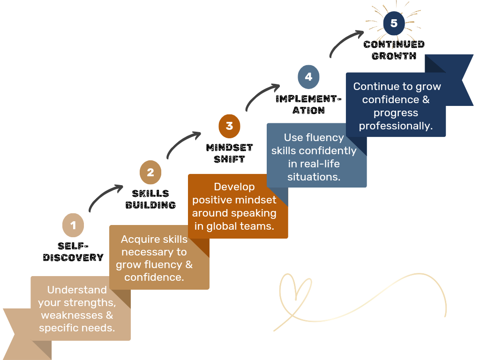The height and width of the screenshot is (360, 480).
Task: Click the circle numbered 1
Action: click(73, 225)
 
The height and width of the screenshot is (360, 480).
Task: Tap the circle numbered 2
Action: click(150, 172)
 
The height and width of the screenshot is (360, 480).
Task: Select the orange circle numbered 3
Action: click(229, 126)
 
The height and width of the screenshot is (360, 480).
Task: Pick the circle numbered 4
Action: click(308, 77)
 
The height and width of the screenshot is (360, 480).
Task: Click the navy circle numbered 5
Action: click(394, 23)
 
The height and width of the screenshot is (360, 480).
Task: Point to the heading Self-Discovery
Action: click(73, 252)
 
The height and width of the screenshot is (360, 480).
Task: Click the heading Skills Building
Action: click(150, 199)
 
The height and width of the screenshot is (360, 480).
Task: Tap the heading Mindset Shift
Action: click(229, 153)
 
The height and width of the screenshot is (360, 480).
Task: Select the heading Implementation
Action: click(308, 105)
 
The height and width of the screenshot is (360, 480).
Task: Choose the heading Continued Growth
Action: click(394, 50)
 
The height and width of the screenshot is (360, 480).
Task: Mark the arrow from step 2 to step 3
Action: click(182, 144)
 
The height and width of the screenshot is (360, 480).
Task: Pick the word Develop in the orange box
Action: click(234, 187)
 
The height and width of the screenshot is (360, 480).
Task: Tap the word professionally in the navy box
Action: click(395, 126)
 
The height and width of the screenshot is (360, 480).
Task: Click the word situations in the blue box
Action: click(314, 177)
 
